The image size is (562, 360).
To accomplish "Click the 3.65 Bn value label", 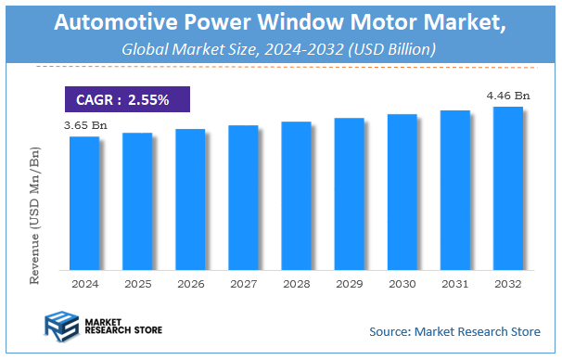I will pyautogui.click(x=84, y=123).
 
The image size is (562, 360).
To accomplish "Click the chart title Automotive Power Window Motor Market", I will pyautogui.click(x=280, y=24).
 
